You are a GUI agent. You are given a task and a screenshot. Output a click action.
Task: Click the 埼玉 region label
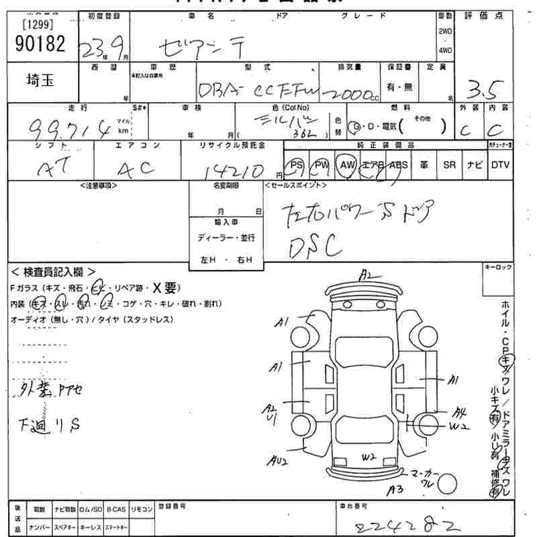coord(40,81)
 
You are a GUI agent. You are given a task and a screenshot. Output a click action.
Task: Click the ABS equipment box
coord(398,165)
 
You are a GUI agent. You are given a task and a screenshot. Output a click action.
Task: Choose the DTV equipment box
coord(500,165)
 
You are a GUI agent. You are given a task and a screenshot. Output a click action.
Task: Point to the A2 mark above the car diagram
coord(366,274)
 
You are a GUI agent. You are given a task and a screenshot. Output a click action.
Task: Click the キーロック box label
coord(497,267)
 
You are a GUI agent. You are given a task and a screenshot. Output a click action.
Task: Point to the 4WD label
coord(445,50)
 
